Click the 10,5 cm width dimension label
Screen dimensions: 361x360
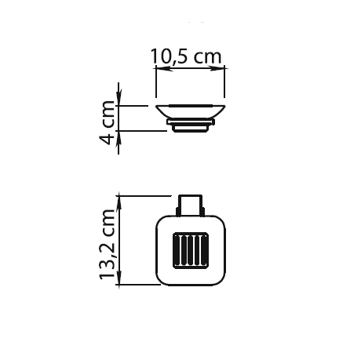tap(186, 56)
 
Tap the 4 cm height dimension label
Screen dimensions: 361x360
tap(108, 122)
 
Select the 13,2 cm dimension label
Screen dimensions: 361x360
tap(108, 244)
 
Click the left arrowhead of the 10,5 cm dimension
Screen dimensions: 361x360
tap(164, 69)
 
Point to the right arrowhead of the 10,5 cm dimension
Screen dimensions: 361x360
tap(217, 69)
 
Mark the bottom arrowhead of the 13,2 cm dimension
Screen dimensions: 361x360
tap(119, 276)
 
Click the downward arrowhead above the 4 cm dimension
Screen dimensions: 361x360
tap(119, 97)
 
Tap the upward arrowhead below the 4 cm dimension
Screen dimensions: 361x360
tap(119, 139)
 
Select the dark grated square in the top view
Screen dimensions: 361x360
tap(191, 250)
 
